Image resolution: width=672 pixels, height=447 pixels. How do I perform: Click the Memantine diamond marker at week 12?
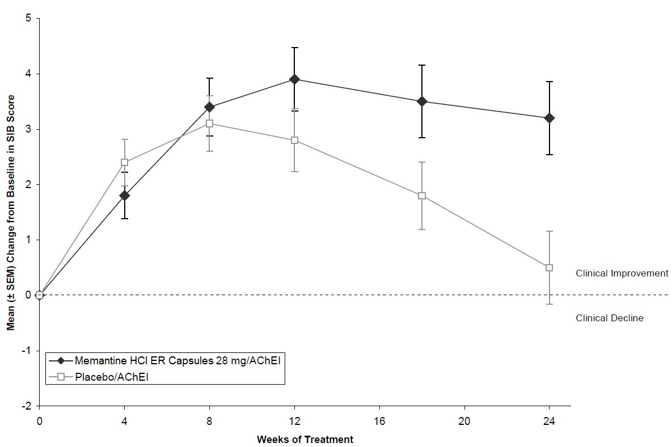pos(294,79)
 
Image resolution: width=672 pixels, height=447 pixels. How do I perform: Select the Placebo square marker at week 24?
pos(549,267)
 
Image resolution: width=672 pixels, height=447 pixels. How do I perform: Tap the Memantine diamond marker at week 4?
pos(124,195)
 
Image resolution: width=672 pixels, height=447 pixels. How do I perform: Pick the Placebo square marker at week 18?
pos(422,196)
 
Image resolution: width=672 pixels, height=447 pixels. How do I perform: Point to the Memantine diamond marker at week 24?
pos(549,118)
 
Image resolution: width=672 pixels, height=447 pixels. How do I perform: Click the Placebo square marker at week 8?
pos(209,124)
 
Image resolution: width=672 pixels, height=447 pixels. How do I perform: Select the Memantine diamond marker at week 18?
pos(422,101)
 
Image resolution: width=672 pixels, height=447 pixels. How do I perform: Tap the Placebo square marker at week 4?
pos(124,163)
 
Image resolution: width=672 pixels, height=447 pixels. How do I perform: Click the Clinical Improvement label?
pos(622,273)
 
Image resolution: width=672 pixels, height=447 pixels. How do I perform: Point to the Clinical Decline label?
pos(610,318)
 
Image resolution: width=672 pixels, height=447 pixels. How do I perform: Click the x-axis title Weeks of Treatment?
pos(305,439)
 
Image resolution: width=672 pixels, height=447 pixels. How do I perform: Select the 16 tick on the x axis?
pos(379,422)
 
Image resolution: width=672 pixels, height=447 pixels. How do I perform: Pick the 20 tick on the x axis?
pos(464,422)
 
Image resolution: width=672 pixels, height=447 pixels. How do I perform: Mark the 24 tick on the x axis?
pos(549,422)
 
